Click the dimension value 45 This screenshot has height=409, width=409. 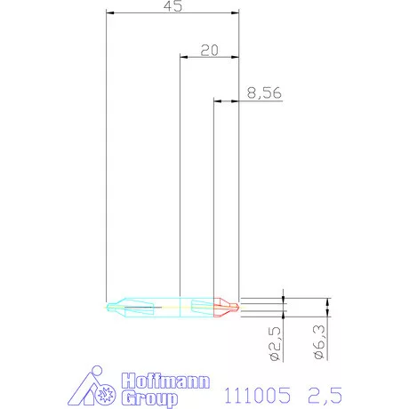pos(172,6)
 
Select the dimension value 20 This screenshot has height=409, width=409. pos(210,50)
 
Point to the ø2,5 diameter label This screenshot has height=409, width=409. pos(276,343)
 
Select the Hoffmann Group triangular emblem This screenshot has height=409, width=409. pos(93,388)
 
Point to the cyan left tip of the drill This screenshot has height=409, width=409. pos(110,308)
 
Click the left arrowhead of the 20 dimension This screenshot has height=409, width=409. pos(182,58)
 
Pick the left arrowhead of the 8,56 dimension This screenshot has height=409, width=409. pos(217,102)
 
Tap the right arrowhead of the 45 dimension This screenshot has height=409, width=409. pos(237,13)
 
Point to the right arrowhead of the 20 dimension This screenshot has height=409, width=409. pos(237,58)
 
